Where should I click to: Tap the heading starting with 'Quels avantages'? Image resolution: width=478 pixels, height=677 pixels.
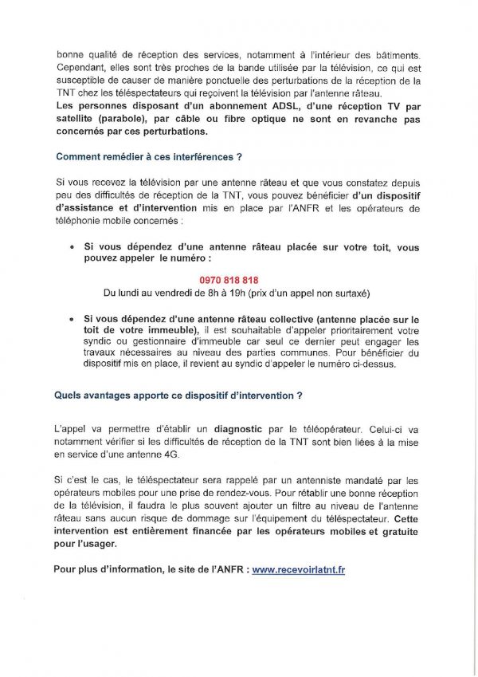pyautogui.click(x=178, y=394)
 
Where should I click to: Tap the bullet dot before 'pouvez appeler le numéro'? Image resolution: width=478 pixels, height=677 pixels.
pyautogui.click(x=72, y=248)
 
